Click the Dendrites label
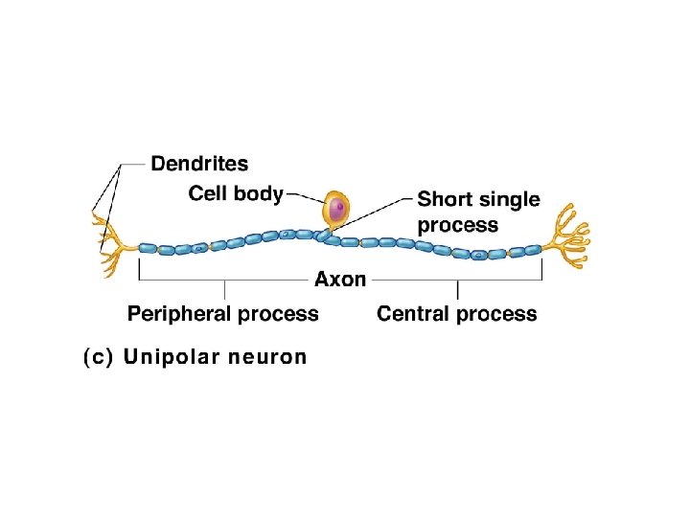199,165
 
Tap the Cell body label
236,194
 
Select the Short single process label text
478,213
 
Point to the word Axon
340,280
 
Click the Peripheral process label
223,314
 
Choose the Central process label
457,314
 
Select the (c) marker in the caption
98,358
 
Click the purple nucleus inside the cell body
336,208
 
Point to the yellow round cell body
336,207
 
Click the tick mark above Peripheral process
225,288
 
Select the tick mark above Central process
458,288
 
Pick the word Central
414,314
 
